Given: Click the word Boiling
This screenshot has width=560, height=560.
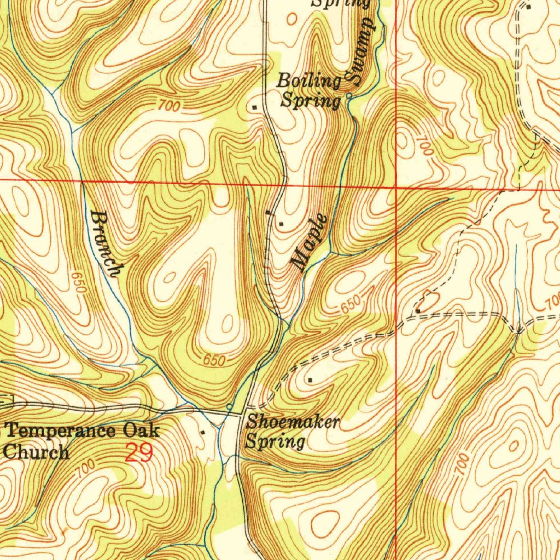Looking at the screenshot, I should pos(309,81).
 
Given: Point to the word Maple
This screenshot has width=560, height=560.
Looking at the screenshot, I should pos(310,242).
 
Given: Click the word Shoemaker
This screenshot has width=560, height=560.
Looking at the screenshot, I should pos(293,422).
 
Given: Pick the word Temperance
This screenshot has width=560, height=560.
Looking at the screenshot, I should pos(61,430).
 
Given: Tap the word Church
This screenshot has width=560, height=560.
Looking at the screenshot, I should pos(37,452).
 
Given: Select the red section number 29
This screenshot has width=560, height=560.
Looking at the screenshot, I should pos(138,453).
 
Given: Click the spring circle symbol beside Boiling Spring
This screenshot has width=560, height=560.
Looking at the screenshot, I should pos(349,96).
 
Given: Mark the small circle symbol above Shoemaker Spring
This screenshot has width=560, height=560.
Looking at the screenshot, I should pos(229,406).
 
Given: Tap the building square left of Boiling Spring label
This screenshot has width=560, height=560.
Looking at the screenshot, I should pos(255,107).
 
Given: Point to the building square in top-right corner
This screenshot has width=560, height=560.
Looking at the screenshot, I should pos(528,7).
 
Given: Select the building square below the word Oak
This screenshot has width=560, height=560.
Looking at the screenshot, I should pos(203,432).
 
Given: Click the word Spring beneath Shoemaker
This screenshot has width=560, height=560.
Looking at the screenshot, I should pos(275,441).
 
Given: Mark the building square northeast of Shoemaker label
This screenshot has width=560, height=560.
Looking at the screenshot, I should pos(310,379).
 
